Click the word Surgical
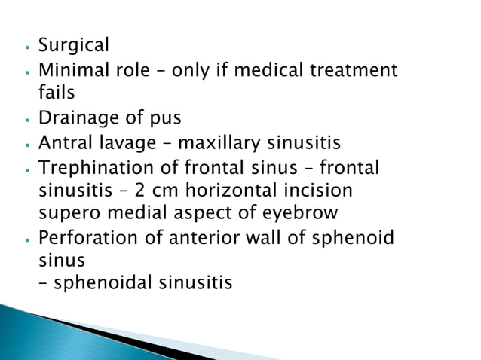pos(73,45)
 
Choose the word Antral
pos(66,142)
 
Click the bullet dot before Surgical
pos(27,47)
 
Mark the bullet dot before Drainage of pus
pos(27,120)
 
